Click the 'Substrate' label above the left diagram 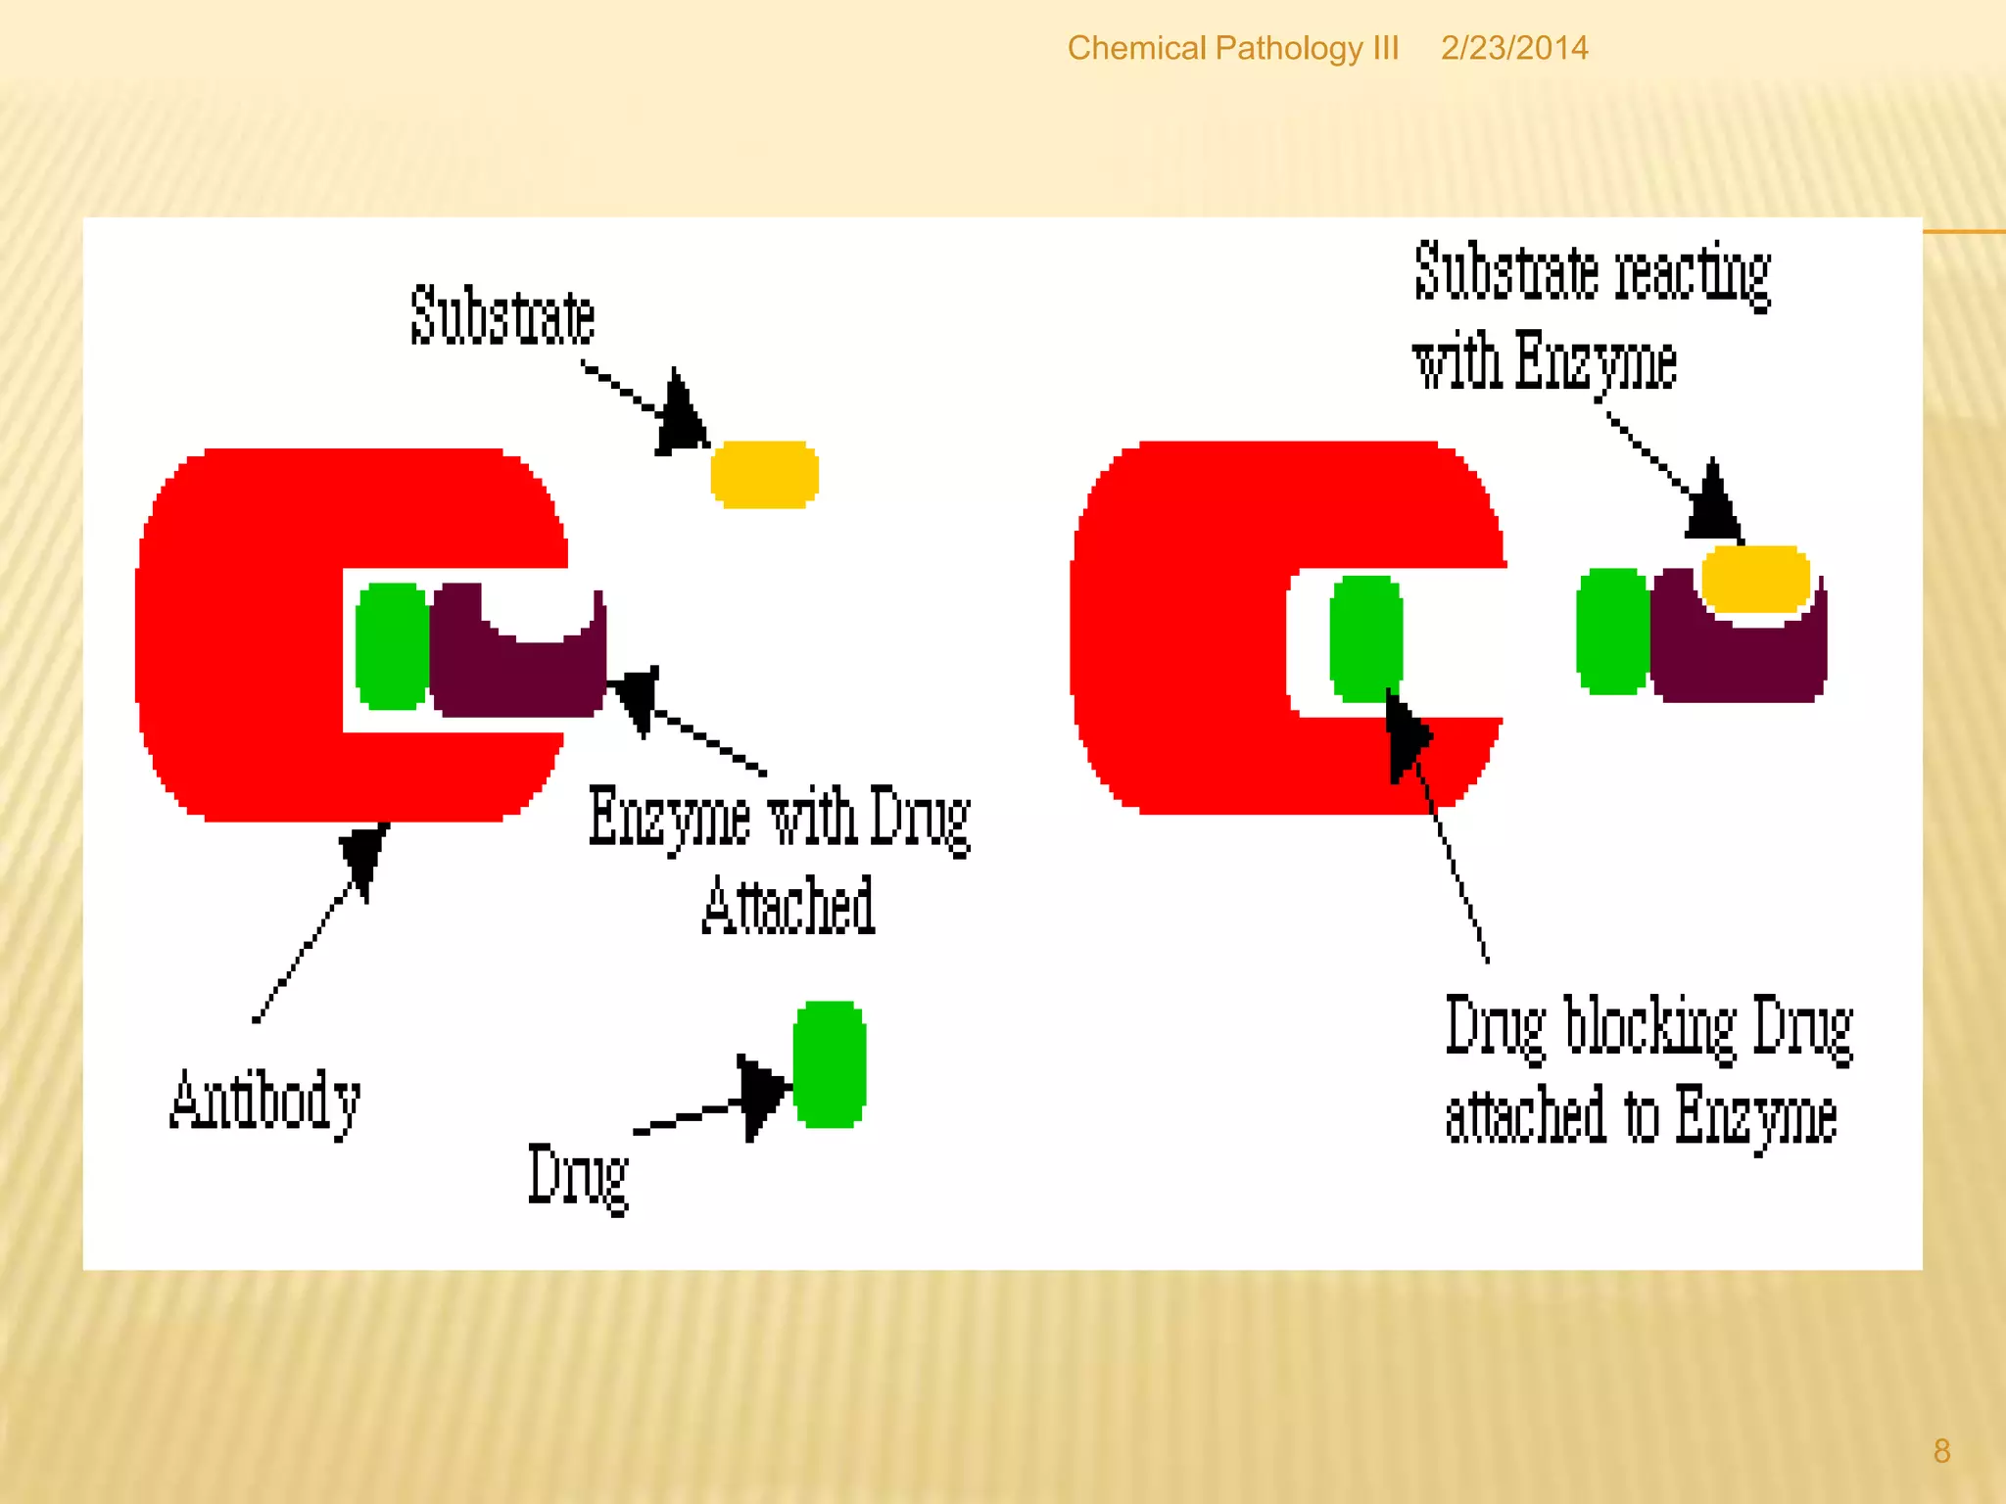tap(502, 315)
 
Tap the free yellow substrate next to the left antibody tap(764, 474)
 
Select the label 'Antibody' tap(265, 1102)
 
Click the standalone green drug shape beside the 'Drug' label tap(829, 1063)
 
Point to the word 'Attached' tap(788, 906)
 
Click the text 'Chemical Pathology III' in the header tap(1232, 48)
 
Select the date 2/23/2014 tap(1513, 48)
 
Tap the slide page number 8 tap(1941, 1450)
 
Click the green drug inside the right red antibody tap(1365, 638)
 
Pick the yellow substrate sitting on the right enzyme tap(1755, 579)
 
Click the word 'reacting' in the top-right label tap(1693, 274)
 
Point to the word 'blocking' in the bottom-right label tap(1648, 1026)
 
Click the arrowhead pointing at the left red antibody tap(364, 854)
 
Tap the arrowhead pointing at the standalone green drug tap(762, 1093)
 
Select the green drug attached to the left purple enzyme tap(391, 645)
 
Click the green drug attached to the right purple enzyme tap(1611, 632)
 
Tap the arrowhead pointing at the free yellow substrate tap(680, 417)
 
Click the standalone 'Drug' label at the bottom tap(578, 1176)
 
